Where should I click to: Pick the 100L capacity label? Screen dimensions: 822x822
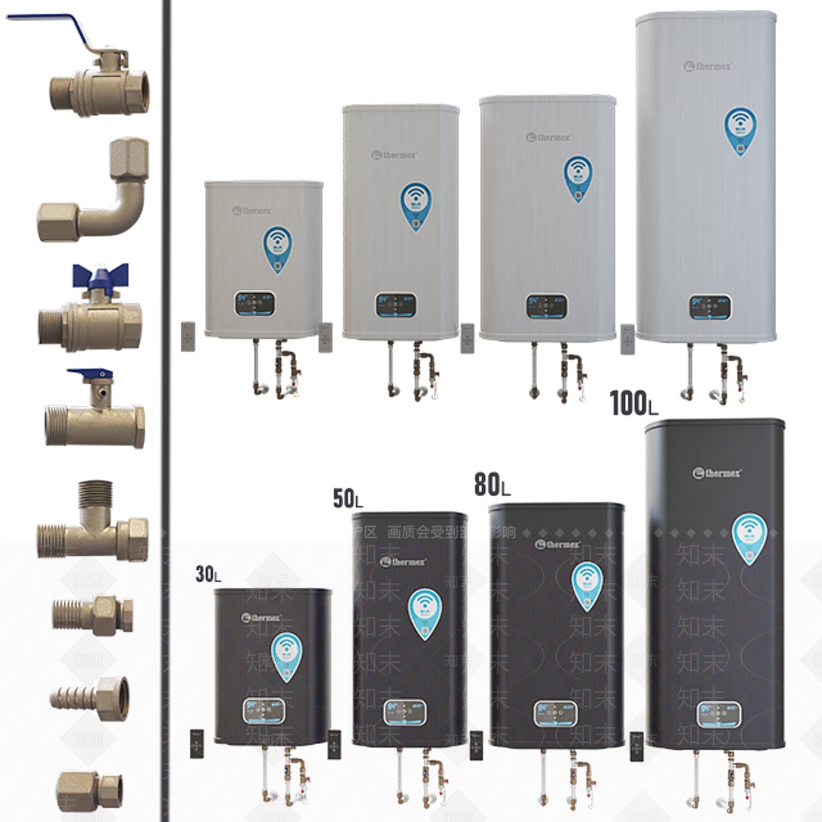pyautogui.click(x=633, y=403)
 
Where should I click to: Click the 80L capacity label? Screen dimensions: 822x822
pyautogui.click(x=492, y=484)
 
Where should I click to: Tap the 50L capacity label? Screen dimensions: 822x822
pyautogui.click(x=347, y=499)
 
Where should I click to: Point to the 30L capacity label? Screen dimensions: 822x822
pyautogui.click(x=208, y=574)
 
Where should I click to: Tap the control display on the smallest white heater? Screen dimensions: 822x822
pyautogui.click(x=255, y=304)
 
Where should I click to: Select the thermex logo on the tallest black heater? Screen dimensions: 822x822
pyautogui.click(x=717, y=473)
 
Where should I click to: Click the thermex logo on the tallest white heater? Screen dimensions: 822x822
pyautogui.click(x=707, y=66)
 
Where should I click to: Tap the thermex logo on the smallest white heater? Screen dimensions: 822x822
pyautogui.click(x=252, y=211)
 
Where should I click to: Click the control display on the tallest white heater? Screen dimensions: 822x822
pyautogui.click(x=709, y=307)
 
